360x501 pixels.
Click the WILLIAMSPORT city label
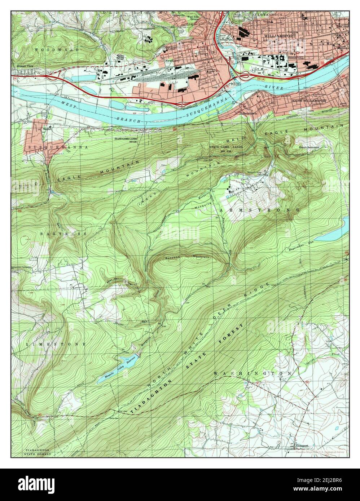(x=280, y=36)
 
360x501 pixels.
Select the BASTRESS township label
(x=64, y=234)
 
